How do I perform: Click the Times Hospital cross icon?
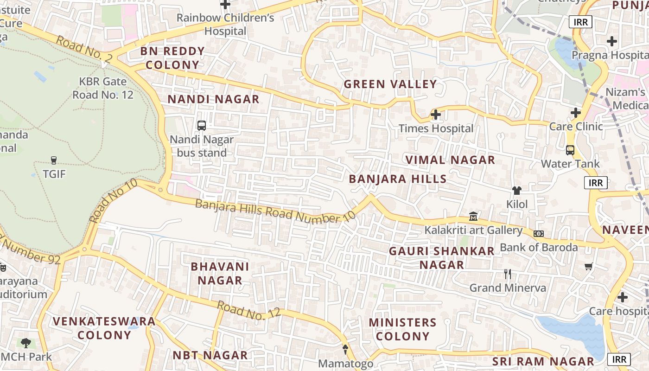coord(435,114)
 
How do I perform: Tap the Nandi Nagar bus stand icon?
coord(202,125)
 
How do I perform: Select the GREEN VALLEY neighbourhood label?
coord(390,84)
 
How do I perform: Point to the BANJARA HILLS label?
coord(397,179)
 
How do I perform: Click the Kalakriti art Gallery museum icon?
coord(473,216)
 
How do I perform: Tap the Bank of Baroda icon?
coord(539,234)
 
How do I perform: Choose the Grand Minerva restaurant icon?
coord(508,274)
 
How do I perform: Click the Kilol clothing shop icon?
coord(517,190)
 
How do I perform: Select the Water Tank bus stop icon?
coord(570,150)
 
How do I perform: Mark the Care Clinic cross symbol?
coord(575,113)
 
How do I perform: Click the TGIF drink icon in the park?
coord(54,160)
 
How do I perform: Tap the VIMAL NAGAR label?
coord(450,160)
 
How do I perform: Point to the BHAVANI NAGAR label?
coord(220,273)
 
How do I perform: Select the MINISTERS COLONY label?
coord(402,329)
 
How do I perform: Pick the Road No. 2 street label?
coord(84,48)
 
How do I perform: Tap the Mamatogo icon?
coord(345,349)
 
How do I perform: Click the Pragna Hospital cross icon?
coord(612,41)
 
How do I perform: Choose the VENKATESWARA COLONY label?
coord(104,328)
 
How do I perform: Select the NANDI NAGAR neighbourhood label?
coord(213,99)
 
